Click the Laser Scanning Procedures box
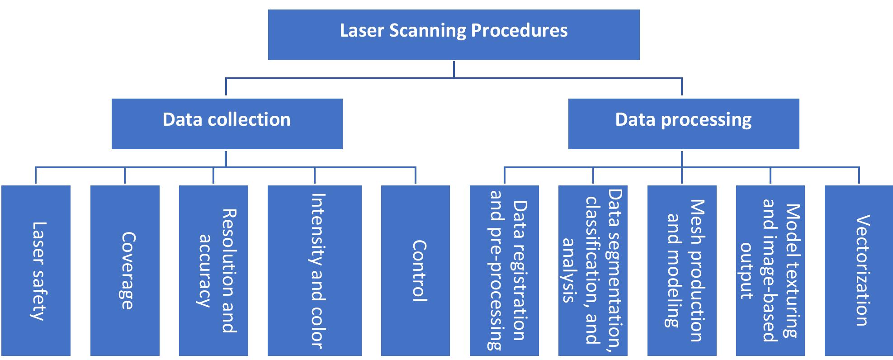pyautogui.click(x=454, y=35)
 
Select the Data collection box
pyautogui.click(x=227, y=124)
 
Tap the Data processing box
pyautogui.click(x=683, y=124)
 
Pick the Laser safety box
pyautogui.click(x=36, y=270)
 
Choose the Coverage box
pyautogui.click(x=125, y=270)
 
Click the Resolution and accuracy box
pyautogui.click(x=213, y=270)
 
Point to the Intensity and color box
pyautogui.click(x=314, y=270)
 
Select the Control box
pyautogui.click(x=415, y=270)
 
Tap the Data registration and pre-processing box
pyautogui.click(x=504, y=270)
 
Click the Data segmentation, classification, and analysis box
pyautogui.click(x=593, y=270)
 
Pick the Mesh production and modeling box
pyautogui.click(x=682, y=270)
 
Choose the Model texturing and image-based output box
pyautogui.click(x=770, y=270)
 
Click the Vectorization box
pyautogui.click(x=859, y=270)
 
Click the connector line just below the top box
pyautogui.click(x=454, y=69)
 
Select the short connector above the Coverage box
pyautogui.click(x=125, y=176)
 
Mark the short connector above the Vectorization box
pyautogui.click(x=859, y=176)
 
